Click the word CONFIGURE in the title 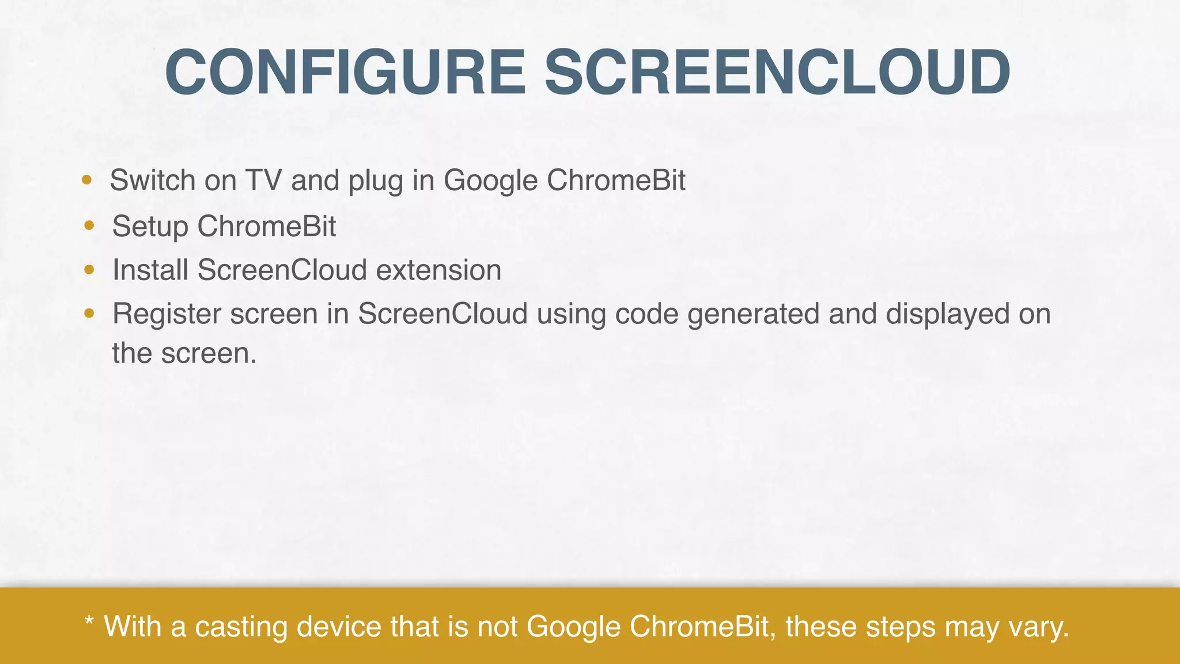345,73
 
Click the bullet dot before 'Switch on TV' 87,180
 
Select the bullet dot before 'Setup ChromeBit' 89,225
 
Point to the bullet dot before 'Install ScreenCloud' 89,269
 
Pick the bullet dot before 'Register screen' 89,314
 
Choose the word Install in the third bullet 150,270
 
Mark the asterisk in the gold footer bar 89,622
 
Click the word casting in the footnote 241,627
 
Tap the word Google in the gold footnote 573,627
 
